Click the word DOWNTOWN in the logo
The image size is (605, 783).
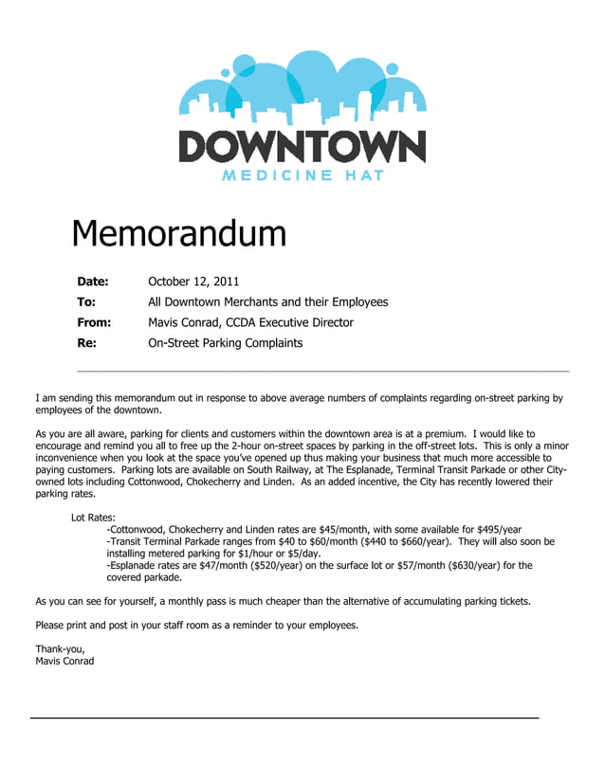[302, 147]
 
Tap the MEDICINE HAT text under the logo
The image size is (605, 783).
[302, 175]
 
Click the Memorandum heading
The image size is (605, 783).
[179, 233]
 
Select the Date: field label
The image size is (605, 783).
[93, 282]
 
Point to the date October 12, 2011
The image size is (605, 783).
[193, 282]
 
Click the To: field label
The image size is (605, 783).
[86, 301]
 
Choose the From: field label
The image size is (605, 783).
[94, 322]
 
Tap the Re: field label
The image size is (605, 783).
[86, 343]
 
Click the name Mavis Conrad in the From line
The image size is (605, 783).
[184, 322]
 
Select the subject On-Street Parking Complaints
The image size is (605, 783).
[226, 343]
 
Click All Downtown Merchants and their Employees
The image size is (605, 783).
[268, 301]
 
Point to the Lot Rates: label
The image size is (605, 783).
[94, 518]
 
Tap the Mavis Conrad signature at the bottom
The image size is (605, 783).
[64, 661]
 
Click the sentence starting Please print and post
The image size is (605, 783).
[197, 625]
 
